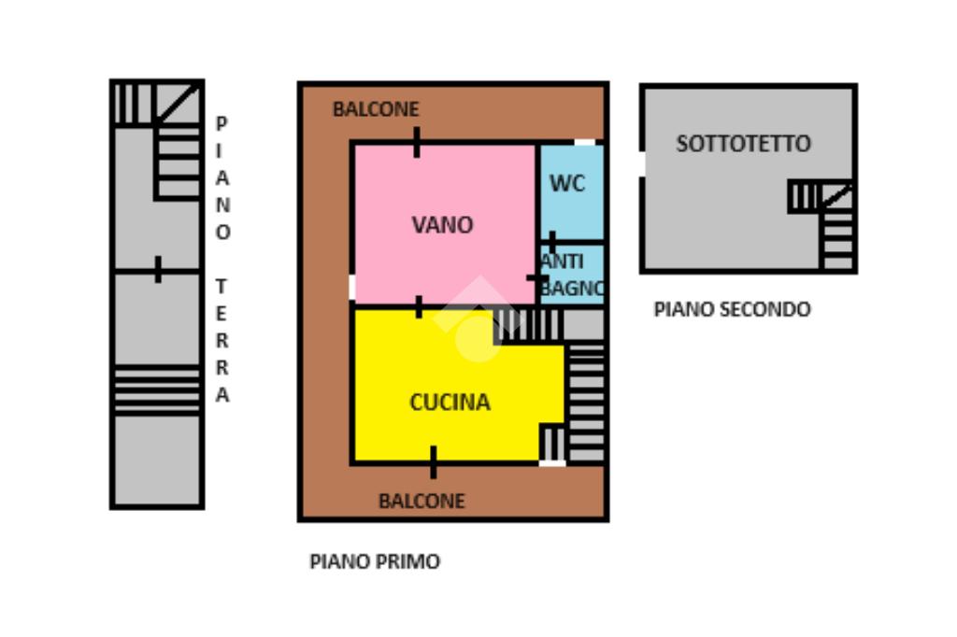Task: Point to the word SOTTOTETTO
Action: click(743, 144)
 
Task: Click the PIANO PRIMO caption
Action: click(374, 561)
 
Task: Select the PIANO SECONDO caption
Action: click(732, 309)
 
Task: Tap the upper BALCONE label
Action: click(376, 109)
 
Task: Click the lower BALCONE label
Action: click(421, 501)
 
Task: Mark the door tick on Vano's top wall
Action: click(417, 143)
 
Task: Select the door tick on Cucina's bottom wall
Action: click(433, 461)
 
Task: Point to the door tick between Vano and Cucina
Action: click(419, 306)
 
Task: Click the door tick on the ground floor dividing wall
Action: click(158, 270)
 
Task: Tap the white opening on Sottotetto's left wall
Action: click(642, 163)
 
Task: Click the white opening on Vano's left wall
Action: click(352, 287)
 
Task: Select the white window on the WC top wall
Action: click(584, 142)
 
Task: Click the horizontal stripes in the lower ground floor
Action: click(157, 389)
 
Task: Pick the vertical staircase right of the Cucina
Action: click(586, 402)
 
